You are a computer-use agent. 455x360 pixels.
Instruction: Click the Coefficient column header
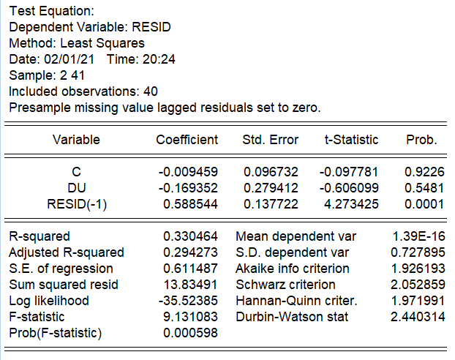[187, 140]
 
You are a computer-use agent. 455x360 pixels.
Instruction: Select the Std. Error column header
[270, 140]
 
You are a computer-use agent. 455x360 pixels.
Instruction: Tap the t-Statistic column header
[351, 140]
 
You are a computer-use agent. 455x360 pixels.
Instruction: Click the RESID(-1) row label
[76, 204]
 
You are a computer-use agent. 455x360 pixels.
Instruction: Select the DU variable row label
[76, 188]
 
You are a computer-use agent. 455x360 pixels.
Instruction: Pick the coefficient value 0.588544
[188, 204]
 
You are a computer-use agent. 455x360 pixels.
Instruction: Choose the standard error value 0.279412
[271, 188]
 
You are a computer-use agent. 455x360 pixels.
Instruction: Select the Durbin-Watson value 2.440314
[416, 317]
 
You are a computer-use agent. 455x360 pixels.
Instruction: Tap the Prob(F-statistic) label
[55, 333]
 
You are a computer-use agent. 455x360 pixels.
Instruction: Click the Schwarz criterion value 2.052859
[416, 285]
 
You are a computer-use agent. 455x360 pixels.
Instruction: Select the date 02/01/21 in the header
[68, 59]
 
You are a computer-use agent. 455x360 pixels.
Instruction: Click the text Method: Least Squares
[77, 43]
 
